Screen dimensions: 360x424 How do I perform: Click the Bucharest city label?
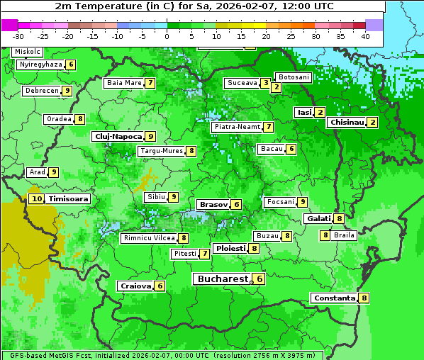coord(223,279)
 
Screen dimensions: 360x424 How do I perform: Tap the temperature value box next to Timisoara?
coord(37,199)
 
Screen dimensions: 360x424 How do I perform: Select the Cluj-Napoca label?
coord(118,136)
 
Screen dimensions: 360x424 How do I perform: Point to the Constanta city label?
coord(335,298)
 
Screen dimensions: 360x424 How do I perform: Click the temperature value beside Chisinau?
coord(373,123)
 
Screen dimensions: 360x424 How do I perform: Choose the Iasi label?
coord(304,112)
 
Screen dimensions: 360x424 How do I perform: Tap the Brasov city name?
coord(213,204)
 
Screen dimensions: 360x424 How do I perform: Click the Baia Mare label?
coord(124,83)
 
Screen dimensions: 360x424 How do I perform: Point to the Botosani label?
coord(293,77)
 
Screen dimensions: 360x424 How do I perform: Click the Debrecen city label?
coord(41,91)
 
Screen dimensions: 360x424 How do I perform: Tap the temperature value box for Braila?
coord(325,235)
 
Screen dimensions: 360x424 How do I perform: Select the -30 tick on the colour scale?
coord(18,35)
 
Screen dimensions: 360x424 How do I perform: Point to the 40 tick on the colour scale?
coord(365,35)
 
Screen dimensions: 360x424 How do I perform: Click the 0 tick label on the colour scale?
coord(167,35)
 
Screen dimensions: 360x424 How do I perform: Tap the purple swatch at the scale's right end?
coord(374,25)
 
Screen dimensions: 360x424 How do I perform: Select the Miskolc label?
coord(28,52)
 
